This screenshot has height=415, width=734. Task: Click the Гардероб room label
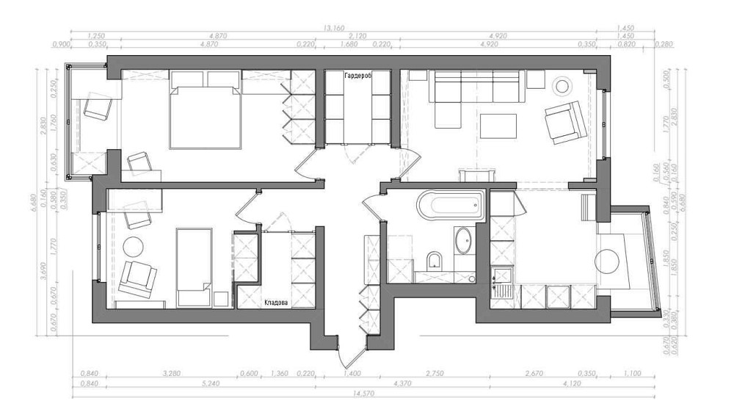click(359, 75)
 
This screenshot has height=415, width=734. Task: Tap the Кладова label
click(276, 302)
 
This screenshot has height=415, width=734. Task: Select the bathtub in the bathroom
click(450, 205)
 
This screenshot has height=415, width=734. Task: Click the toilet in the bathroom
click(434, 261)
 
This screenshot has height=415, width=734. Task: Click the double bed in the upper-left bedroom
click(206, 110)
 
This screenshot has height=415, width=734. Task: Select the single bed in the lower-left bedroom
click(194, 267)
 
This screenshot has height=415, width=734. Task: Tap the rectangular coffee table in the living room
click(498, 126)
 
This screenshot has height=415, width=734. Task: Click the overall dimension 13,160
click(334, 28)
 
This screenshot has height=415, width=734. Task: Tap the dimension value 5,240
click(210, 383)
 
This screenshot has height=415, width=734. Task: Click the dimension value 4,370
click(402, 383)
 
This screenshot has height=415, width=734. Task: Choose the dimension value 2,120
click(359, 35)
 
